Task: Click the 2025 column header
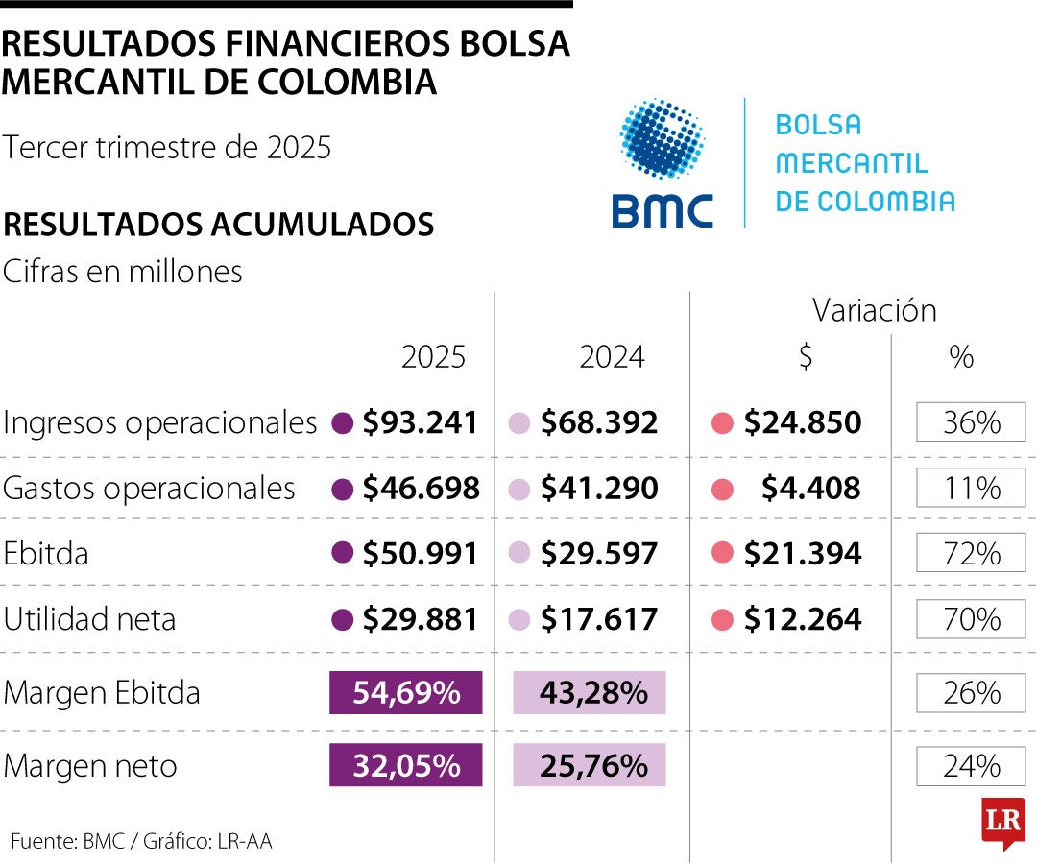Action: (433, 357)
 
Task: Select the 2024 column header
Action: (612, 357)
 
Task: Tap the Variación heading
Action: (874, 310)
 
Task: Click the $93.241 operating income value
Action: (420, 422)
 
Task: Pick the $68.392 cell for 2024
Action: (599, 422)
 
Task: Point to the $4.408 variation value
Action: (810, 489)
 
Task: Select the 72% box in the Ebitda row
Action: (971, 554)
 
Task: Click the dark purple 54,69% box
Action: (405, 692)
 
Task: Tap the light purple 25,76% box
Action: (590, 765)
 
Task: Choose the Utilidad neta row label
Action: (90, 619)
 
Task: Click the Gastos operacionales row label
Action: (149, 489)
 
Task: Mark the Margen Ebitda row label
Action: (102, 692)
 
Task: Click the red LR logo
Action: (1002, 823)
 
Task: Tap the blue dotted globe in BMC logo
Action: (662, 138)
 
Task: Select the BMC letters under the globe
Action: (663, 210)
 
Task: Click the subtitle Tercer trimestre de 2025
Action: (167, 148)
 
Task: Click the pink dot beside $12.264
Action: (722, 620)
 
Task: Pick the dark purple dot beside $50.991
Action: (340, 554)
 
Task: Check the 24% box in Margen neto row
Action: (971, 765)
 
